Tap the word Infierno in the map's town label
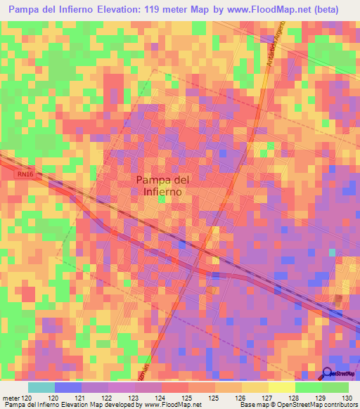[x=162, y=191]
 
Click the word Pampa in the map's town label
[x=152, y=179]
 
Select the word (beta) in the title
[x=322, y=11]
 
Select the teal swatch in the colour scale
[x=41, y=387]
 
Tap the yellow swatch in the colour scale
[x=281, y=387]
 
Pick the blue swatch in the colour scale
[x=68, y=387]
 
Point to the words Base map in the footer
[x=252, y=405]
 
